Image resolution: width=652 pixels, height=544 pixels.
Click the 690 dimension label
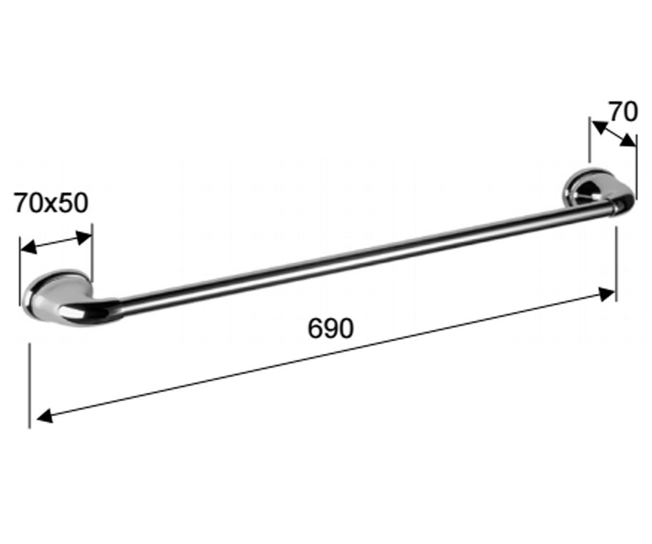(330, 328)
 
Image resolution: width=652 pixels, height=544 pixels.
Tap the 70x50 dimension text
(51, 203)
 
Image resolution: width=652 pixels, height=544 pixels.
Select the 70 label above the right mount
(623, 112)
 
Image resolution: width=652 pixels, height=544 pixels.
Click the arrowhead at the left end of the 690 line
(45, 416)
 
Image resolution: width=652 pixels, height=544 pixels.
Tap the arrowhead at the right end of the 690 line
(607, 294)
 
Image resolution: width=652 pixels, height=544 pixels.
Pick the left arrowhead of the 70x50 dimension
(29, 247)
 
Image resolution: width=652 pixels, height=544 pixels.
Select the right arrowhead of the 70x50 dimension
(84, 238)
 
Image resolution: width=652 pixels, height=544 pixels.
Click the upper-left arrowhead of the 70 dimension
(599, 128)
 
